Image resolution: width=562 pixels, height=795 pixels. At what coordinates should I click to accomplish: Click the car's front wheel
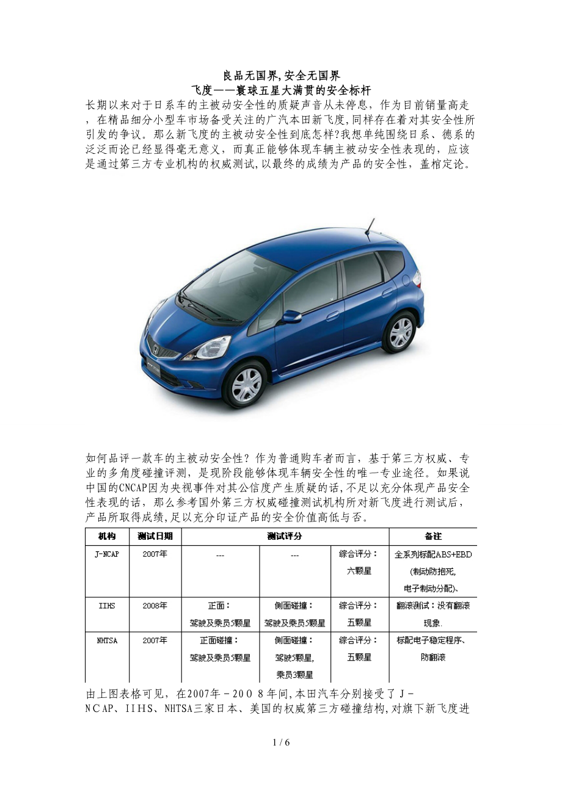(x=246, y=384)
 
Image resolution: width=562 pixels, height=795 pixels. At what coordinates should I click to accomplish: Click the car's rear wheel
(x=400, y=332)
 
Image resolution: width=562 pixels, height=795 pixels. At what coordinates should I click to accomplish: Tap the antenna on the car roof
(x=369, y=227)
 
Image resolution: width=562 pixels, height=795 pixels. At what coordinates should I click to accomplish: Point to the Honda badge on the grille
(x=156, y=350)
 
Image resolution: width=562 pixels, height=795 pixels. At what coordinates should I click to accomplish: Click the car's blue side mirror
(x=291, y=317)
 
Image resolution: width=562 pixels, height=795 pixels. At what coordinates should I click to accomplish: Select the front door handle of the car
(x=332, y=316)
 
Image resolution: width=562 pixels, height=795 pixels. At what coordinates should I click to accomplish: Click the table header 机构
(x=107, y=536)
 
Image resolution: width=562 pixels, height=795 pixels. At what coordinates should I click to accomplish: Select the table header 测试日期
(x=155, y=536)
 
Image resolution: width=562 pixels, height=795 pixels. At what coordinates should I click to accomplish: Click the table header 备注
(x=432, y=536)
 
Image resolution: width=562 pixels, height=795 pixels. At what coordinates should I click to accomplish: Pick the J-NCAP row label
(x=107, y=554)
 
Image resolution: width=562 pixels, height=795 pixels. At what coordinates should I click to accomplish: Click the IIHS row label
(x=107, y=606)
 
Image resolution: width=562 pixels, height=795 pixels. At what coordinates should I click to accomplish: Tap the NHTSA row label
(x=107, y=641)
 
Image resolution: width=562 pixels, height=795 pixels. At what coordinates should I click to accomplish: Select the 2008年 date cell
(x=155, y=606)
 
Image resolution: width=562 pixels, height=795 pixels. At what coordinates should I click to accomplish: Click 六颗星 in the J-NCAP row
(x=359, y=572)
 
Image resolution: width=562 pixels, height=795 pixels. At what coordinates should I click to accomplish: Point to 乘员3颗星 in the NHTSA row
(x=294, y=675)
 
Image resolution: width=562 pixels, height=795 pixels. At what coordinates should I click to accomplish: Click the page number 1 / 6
(x=281, y=742)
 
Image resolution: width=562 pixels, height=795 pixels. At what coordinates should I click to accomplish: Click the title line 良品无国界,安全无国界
(x=281, y=76)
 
